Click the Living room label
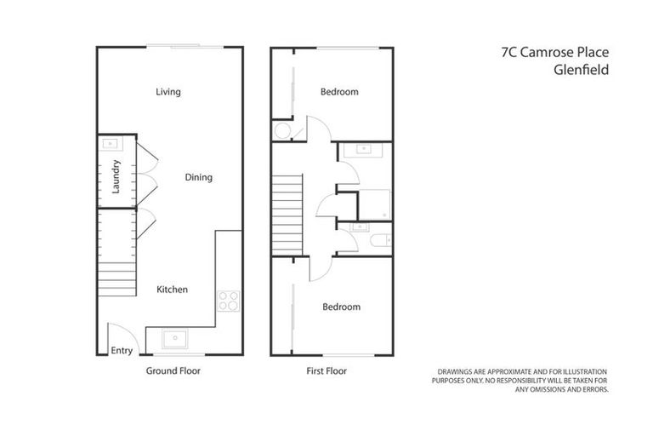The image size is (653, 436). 168,92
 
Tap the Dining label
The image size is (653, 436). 198,178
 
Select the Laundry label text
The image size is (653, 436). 116,176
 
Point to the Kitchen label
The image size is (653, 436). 172,290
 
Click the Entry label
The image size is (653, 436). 122,350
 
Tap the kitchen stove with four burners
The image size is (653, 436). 229,301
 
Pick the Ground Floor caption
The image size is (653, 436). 173,371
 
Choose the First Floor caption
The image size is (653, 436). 326,371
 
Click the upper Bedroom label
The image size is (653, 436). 339,92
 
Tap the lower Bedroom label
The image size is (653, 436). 341,307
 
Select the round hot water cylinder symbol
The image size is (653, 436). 282,130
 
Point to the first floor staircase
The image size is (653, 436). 287,213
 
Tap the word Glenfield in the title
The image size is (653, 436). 581,72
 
